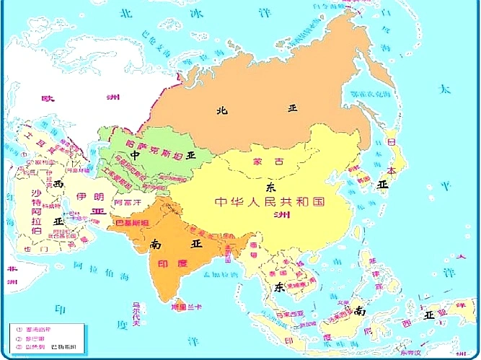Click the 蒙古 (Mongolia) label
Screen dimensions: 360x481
264,162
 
